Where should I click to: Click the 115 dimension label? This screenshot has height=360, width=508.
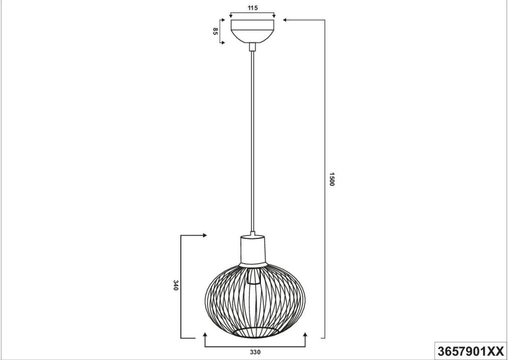click(253, 8)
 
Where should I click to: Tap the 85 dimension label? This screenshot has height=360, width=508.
click(215, 31)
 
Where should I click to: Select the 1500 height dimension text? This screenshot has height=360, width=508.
click(332, 179)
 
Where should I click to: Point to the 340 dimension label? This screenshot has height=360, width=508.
click(176, 285)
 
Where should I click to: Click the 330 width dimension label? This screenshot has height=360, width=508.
click(255, 352)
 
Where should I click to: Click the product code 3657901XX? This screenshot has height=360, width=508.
click(471, 351)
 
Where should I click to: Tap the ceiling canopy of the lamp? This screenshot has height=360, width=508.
click(252, 31)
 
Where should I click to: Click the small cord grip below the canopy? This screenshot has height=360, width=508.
click(252, 47)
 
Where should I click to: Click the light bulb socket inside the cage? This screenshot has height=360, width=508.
click(253, 277)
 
